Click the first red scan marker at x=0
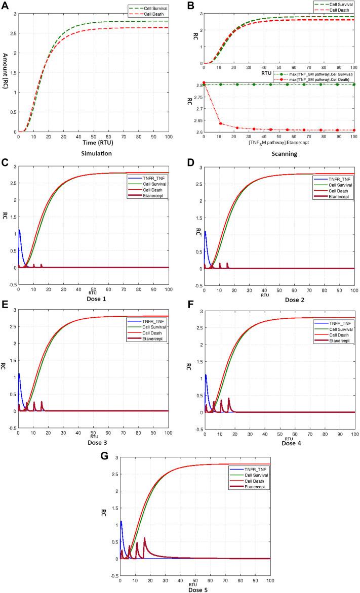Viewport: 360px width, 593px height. [x=204, y=83]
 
